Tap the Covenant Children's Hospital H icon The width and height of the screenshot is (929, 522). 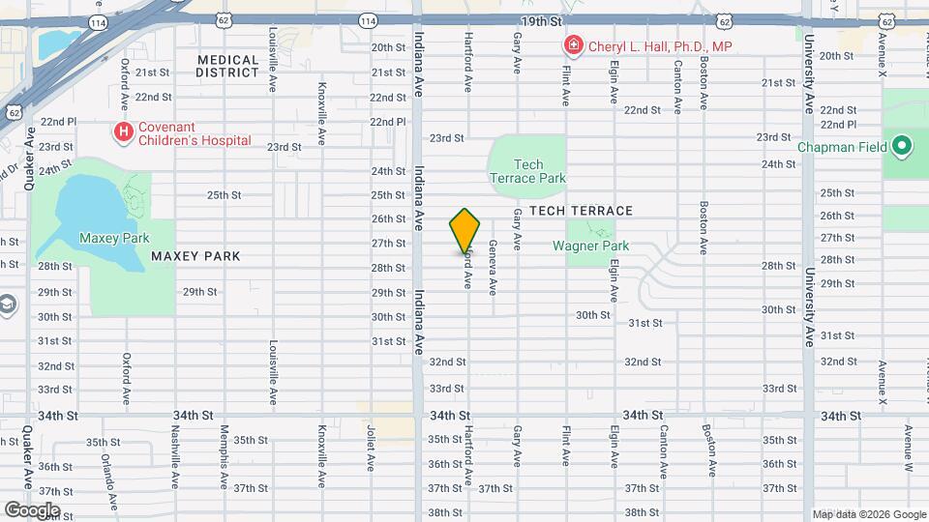tap(123, 131)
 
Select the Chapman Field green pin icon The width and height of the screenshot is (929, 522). tap(902, 148)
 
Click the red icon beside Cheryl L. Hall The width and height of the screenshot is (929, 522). tap(573, 45)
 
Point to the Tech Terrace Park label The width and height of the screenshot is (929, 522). tap(527, 171)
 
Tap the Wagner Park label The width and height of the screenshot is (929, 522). tap(590, 246)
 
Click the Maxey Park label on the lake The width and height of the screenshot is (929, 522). tap(114, 237)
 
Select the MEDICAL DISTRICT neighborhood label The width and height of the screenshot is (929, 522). tap(228, 66)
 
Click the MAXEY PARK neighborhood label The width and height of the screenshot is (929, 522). tap(195, 256)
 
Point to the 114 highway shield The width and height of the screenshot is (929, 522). tap(368, 20)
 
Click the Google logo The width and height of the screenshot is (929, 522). tap(31, 509)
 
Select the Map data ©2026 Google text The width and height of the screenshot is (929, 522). tap(868, 514)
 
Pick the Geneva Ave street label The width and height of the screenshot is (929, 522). tap(493, 268)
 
